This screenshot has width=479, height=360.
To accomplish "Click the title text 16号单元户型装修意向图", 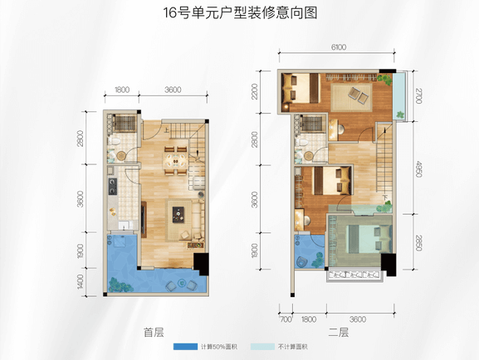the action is (240, 13).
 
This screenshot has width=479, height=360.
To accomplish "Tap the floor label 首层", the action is (154, 333).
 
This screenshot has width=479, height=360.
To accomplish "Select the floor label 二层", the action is (339, 333).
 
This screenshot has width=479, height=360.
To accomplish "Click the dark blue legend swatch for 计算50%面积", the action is (185, 347).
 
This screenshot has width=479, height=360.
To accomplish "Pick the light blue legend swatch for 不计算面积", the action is (262, 347).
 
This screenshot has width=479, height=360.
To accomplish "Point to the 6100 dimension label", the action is (339, 47).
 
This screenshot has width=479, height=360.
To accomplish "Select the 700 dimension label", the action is (286, 319).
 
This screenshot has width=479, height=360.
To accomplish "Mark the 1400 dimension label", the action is (81, 282).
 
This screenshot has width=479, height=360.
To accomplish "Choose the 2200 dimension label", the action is (255, 91).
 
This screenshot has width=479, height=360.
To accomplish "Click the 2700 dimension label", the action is (418, 95).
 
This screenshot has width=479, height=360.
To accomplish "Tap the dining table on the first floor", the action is (176, 161).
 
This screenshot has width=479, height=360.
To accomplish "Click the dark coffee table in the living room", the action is (178, 215).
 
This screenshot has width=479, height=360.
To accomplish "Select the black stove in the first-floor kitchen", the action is (113, 187).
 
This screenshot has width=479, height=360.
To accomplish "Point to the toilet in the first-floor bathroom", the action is (115, 141).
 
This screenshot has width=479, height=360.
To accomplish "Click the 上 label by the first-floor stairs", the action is (166, 130).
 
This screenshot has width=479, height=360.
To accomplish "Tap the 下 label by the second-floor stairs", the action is (385, 197).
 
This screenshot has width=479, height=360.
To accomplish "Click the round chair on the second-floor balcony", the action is (302, 262).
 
